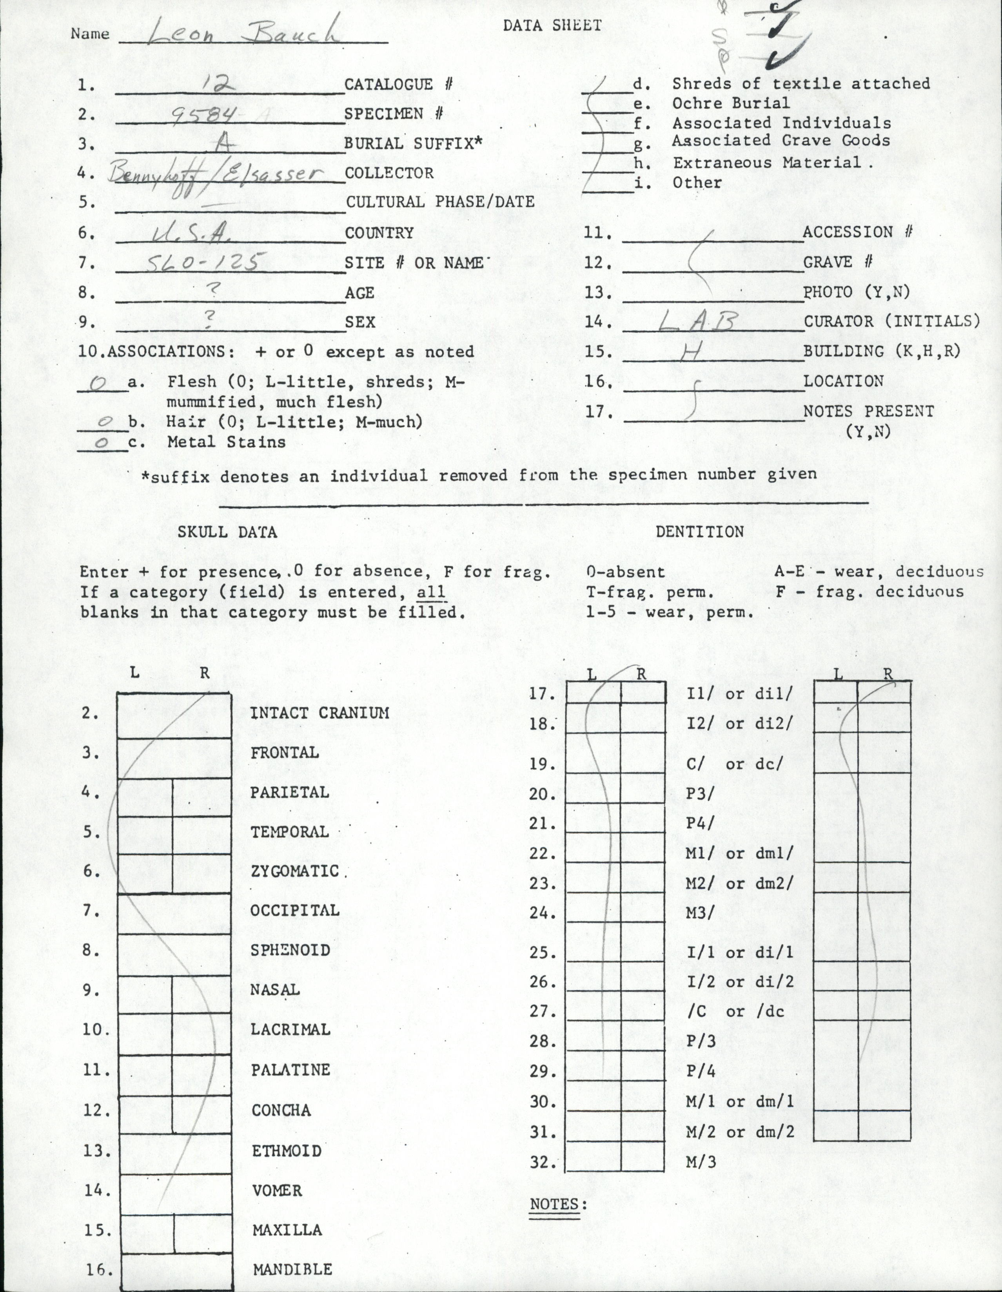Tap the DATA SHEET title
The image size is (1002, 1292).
(552, 25)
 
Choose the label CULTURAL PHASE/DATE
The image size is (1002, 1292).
(440, 202)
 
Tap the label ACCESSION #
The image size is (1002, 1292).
(857, 232)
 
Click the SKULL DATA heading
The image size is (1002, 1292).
(227, 532)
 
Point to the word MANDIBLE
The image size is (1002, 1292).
(292, 1269)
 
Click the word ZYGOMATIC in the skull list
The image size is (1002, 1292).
(294, 871)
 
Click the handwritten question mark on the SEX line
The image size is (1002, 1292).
(207, 319)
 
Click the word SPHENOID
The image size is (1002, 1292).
(290, 950)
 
